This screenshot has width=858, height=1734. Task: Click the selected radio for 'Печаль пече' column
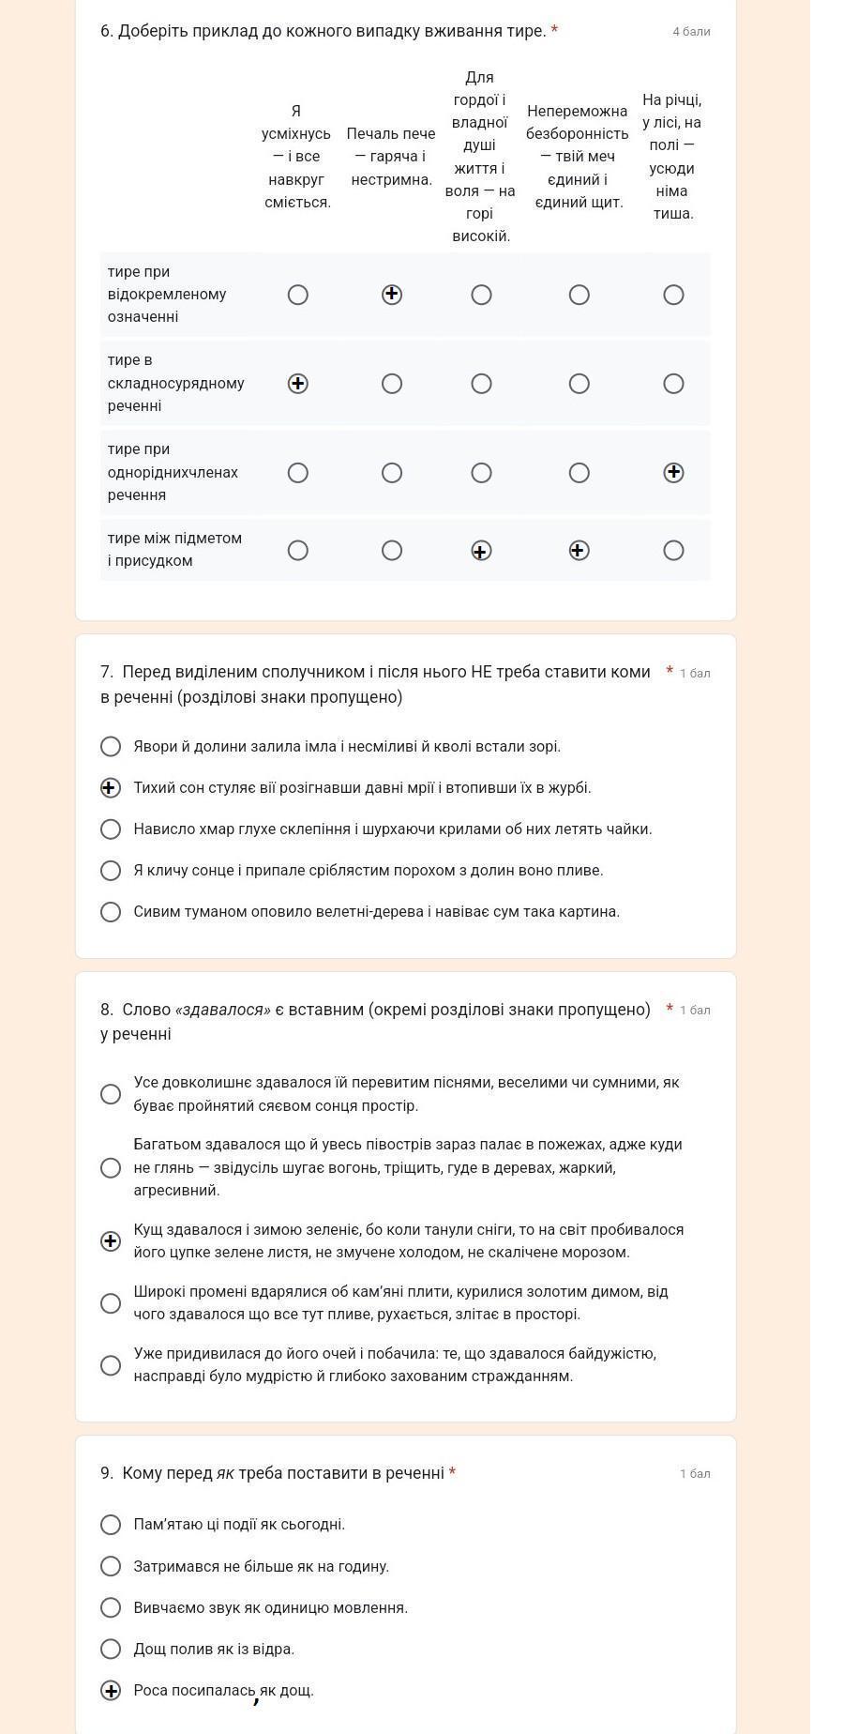[x=392, y=295]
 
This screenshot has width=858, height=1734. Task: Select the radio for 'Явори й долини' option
[x=111, y=746]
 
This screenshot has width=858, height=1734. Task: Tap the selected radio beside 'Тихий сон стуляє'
[x=111, y=787]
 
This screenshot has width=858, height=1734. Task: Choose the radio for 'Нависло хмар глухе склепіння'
[x=111, y=829]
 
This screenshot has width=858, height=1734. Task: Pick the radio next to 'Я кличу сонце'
[x=111, y=870]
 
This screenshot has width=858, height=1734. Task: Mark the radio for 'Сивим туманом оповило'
[x=111, y=911]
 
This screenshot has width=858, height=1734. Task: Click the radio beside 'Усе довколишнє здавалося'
[x=111, y=1094]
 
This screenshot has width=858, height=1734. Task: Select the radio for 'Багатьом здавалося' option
[x=111, y=1167]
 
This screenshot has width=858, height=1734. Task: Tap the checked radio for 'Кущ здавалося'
[x=111, y=1240]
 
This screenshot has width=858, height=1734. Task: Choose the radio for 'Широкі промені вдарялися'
[x=111, y=1302]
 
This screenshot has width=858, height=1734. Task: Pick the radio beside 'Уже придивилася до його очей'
[x=111, y=1364]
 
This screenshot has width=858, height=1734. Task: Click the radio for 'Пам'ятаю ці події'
[x=111, y=1524]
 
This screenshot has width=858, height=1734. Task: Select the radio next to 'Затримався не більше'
[x=111, y=1565]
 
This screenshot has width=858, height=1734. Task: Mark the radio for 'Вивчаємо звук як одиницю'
[x=111, y=1606]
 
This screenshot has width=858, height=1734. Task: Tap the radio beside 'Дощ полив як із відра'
[x=111, y=1648]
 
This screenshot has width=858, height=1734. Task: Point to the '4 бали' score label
[x=691, y=32]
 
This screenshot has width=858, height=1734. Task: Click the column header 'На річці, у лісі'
[x=672, y=157]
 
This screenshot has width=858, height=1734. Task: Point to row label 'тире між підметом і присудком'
[x=174, y=549]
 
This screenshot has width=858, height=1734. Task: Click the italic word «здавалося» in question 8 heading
[x=223, y=1010]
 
